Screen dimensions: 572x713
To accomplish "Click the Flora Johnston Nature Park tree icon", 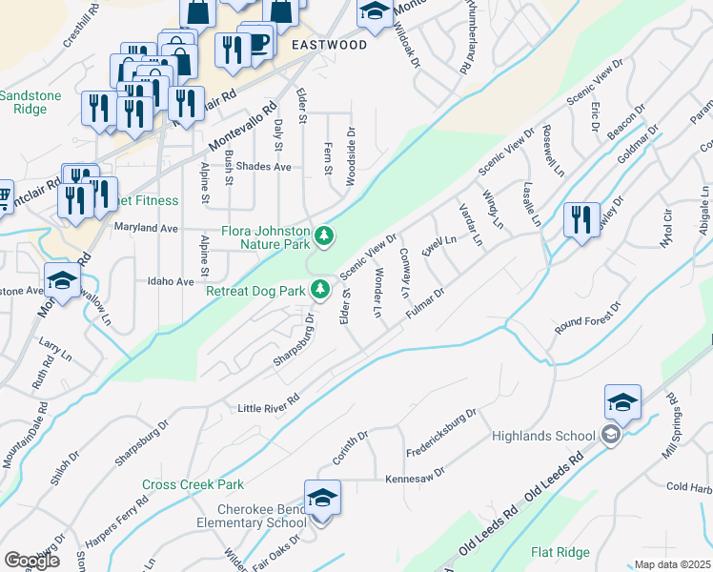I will [x=325, y=235].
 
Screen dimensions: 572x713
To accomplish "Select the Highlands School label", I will [x=543, y=437].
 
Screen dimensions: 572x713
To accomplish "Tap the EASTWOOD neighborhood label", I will [x=329, y=45].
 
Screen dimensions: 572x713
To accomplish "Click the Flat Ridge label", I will [x=560, y=552].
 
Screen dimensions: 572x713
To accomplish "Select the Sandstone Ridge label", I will [x=24, y=102].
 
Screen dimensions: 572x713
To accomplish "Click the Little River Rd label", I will [x=269, y=403].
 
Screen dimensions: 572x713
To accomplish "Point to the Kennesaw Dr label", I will [x=415, y=476].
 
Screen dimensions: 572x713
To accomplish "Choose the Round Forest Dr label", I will [x=588, y=319].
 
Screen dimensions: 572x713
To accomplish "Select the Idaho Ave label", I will [x=171, y=281].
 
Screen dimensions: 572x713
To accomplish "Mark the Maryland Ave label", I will [x=146, y=229].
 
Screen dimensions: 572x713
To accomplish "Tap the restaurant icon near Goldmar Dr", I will [x=580, y=219].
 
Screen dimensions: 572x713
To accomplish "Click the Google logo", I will [x=31, y=561].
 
